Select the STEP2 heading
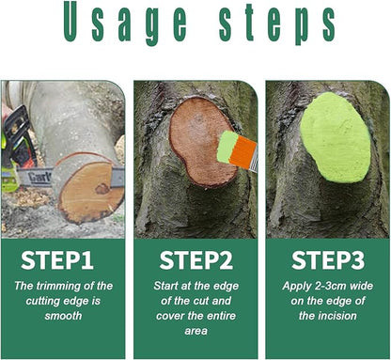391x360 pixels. point(195,259)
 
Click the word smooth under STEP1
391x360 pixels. point(62,317)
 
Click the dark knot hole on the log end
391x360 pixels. point(101,188)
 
